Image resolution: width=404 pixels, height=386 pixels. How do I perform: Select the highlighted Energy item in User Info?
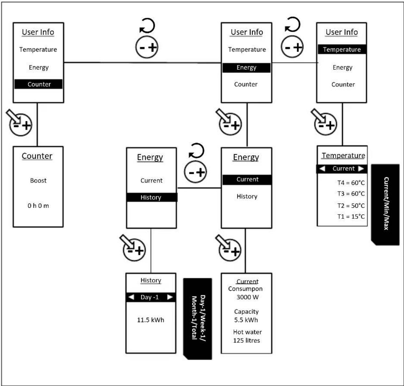click(246, 68)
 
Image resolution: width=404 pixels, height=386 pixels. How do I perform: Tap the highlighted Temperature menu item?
click(342, 49)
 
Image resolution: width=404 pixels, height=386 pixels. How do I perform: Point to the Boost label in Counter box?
click(38, 180)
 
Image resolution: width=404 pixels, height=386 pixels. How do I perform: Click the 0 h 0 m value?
click(38, 206)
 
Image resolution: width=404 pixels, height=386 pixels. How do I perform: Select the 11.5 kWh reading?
click(151, 320)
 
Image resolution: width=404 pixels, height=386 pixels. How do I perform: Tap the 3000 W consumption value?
click(248, 297)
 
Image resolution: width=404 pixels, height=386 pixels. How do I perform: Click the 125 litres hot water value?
click(246, 340)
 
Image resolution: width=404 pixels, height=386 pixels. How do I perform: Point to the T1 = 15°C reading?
click(351, 217)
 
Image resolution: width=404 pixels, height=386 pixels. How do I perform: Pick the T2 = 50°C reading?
click(351, 206)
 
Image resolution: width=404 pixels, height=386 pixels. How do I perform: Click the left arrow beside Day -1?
click(131, 297)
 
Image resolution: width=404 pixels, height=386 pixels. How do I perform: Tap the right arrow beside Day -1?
click(170, 297)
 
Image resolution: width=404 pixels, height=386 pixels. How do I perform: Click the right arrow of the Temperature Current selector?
click(361, 168)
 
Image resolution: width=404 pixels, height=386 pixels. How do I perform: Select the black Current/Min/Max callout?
click(385, 205)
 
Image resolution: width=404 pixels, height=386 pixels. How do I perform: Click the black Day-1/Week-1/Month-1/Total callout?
click(198, 319)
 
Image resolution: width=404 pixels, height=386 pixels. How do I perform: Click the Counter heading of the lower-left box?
click(37, 156)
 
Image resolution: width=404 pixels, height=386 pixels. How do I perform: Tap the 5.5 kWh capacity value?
click(246, 320)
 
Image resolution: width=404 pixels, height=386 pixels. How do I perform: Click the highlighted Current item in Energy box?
click(247, 180)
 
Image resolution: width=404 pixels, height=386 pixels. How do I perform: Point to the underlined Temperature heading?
click(343, 156)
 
